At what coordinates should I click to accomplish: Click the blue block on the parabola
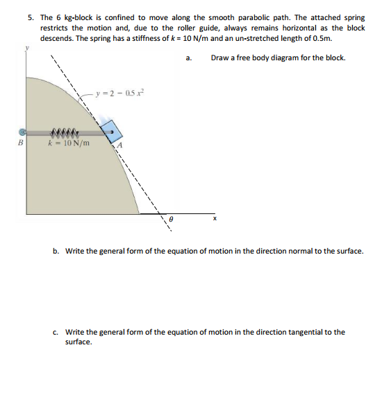(x=110, y=130)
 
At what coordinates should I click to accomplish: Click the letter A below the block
(x=119, y=145)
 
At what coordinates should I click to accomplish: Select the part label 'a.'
(x=190, y=58)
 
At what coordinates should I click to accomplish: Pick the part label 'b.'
(x=56, y=251)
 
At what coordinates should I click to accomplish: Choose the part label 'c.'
(x=56, y=332)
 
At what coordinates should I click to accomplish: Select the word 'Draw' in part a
(x=219, y=58)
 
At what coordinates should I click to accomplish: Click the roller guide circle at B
(x=23, y=130)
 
